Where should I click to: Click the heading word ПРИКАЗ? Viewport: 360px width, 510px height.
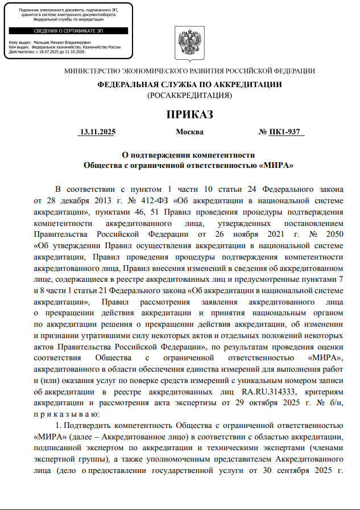tap(189, 114)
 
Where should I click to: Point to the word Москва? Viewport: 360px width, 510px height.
tap(189, 132)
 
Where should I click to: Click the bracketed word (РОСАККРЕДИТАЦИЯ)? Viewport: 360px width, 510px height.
tap(189, 95)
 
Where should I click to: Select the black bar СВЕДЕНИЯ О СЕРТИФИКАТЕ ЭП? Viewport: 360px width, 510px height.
tap(68, 31)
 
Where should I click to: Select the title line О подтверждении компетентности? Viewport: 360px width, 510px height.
tap(189, 155)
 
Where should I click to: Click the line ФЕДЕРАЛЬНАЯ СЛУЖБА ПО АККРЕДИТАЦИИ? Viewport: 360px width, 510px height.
tap(189, 84)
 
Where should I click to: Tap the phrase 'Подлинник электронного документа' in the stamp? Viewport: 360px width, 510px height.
tap(55, 11)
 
